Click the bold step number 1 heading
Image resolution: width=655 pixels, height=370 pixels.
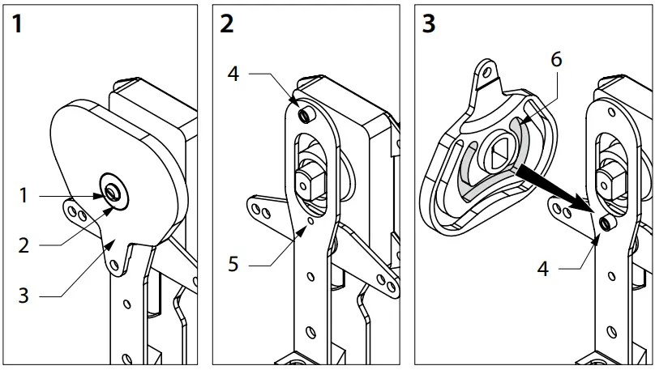click(18, 23)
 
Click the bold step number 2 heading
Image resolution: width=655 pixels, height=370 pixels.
click(226, 23)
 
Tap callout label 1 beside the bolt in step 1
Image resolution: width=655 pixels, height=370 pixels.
click(24, 195)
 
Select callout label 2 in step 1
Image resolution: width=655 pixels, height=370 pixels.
click(24, 245)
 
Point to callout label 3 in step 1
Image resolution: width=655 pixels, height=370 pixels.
click(24, 296)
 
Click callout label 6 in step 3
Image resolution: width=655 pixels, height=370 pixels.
click(555, 60)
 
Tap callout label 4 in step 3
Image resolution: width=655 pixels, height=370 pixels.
click(543, 268)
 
